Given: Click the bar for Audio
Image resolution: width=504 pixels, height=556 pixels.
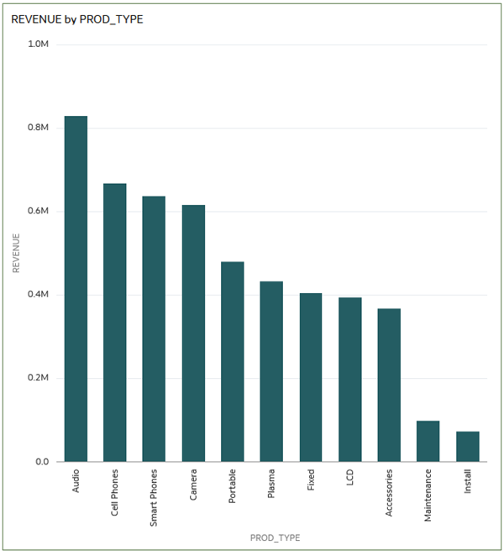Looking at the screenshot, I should tap(76, 289).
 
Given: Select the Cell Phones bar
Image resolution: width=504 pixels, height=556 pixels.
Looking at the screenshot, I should tap(115, 323).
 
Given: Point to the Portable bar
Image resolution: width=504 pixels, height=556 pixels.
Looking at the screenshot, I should tap(233, 362).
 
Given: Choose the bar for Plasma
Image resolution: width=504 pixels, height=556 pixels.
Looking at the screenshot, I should tap(271, 371).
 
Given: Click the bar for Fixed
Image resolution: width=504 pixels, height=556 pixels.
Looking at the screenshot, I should tap(311, 377).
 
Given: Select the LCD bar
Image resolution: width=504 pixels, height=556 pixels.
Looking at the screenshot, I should tap(349, 380).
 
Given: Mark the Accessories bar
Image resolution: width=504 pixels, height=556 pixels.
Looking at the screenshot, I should tap(389, 385).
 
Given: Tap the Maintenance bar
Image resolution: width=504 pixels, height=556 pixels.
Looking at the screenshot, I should tap(428, 441).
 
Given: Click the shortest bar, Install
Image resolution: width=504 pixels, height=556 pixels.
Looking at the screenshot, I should tap(467, 447).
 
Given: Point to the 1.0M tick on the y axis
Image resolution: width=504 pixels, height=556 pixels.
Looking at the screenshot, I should tap(39, 44).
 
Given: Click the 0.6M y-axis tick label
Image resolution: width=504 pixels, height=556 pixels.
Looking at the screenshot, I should tap(39, 211).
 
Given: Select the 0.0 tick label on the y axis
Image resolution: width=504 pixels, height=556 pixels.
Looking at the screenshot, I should tap(42, 462).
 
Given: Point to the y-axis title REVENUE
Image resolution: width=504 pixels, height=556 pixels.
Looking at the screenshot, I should tap(16, 253).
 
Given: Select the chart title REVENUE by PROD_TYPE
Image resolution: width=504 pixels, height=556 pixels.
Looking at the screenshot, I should tap(77, 18).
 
